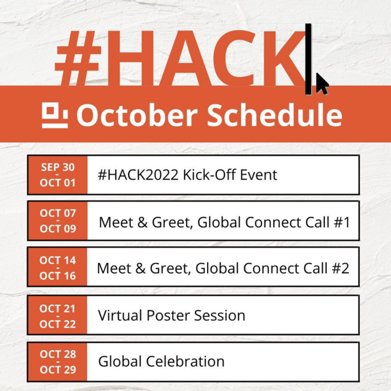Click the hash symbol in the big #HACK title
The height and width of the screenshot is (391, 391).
point(78,59)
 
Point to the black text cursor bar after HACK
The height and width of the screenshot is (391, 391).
point(309,59)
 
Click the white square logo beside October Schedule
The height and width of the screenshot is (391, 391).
point(54,115)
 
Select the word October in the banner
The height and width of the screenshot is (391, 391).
point(137,115)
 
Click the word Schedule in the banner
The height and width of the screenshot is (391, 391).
point(274,115)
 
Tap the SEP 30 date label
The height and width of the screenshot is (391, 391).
point(58,167)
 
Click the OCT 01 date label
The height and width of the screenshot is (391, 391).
point(58,183)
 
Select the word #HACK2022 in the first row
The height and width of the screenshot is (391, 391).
point(138,175)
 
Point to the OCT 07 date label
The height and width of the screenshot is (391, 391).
point(58,213)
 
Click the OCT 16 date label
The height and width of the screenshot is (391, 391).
point(58,276)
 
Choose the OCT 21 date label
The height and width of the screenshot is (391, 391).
point(58,309)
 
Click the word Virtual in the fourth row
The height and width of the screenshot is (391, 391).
point(120,315)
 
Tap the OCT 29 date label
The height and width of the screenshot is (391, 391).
point(58,370)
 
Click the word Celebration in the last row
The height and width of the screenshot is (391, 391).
point(185,361)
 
